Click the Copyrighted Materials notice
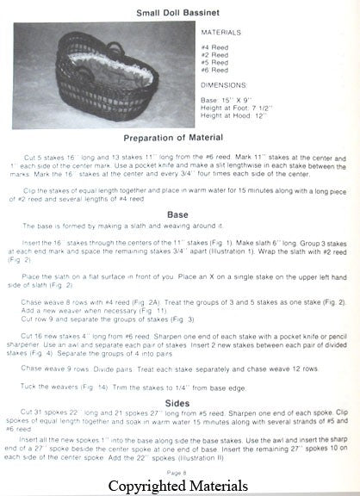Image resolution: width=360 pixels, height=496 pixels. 178,487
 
